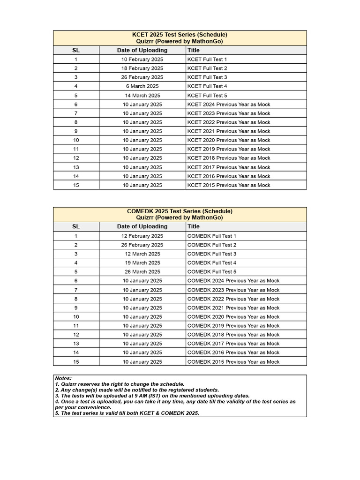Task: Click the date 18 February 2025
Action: click(x=142, y=68)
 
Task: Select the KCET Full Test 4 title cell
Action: click(x=207, y=86)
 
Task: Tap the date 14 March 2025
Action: click(x=142, y=96)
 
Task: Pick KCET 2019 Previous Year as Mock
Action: click(x=229, y=149)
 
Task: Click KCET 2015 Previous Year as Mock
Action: click(x=229, y=185)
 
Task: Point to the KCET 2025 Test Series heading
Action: click(x=180, y=35)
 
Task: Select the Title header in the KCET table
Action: click(x=193, y=50)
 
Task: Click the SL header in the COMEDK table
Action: click(x=76, y=226)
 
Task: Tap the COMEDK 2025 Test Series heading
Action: click(x=180, y=211)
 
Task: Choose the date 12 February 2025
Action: click(x=142, y=236)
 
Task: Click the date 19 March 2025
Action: click(x=142, y=263)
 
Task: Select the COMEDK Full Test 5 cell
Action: click(x=212, y=272)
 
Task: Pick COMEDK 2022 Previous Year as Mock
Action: click(x=233, y=299)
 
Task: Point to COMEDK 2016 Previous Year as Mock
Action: click(x=233, y=352)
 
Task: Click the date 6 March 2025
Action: click(x=142, y=86)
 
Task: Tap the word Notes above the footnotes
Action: click(x=63, y=378)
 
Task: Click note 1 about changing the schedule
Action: click(x=120, y=384)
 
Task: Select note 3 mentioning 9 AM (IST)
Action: click(x=152, y=396)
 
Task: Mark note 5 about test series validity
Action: click(x=127, y=413)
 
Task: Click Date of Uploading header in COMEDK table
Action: click(x=142, y=226)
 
